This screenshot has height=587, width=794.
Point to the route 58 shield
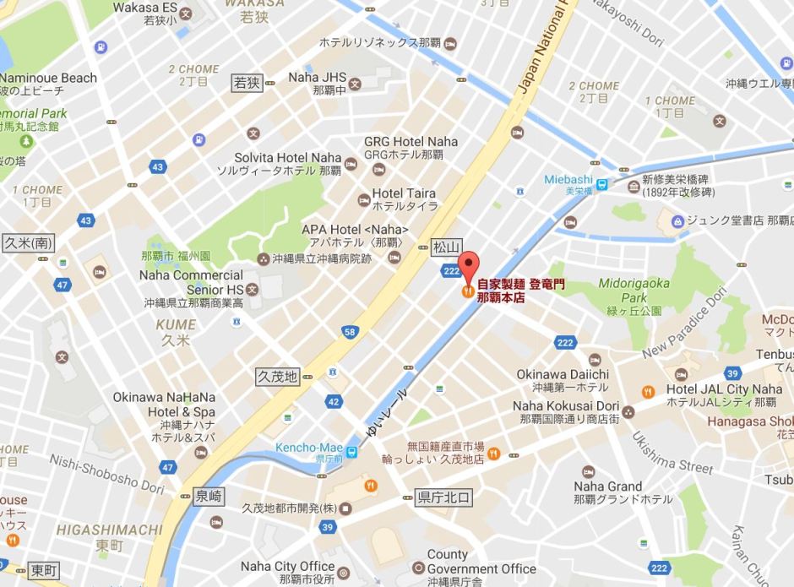[349, 332]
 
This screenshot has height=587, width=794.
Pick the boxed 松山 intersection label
[446, 247]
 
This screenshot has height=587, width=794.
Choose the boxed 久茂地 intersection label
[277, 377]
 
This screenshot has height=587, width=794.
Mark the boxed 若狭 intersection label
[247, 82]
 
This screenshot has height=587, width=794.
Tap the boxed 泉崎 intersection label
[208, 497]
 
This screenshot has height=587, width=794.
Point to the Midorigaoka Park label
[634, 291]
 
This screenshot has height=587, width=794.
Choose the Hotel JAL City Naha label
[724, 389]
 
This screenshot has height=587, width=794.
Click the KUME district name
[175, 324]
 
